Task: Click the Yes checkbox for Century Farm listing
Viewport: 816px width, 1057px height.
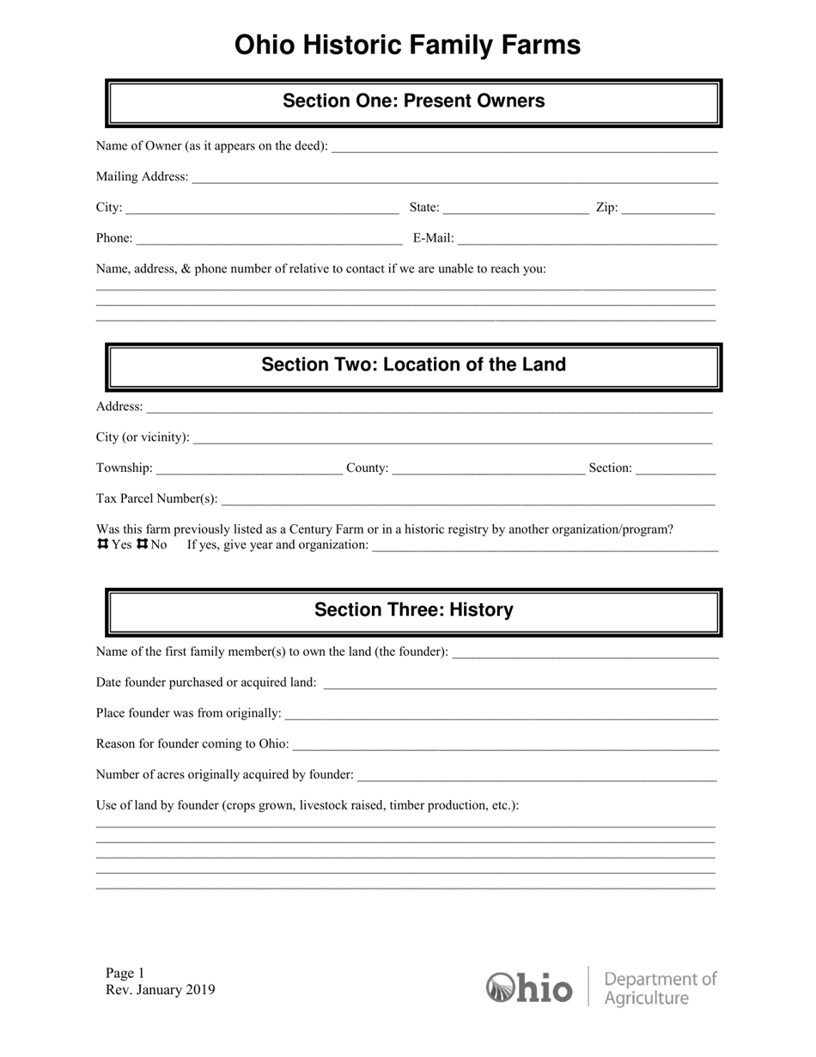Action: point(102,545)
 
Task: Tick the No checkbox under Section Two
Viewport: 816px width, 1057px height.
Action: point(143,545)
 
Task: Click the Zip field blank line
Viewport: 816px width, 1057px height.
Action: point(667,209)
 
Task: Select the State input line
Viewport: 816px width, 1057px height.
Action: point(515,209)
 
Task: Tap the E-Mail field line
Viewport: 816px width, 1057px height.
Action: point(588,240)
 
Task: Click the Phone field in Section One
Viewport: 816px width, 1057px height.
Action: point(269,240)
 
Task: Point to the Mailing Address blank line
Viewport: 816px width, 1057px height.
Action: point(454,178)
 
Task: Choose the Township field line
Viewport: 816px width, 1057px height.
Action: point(250,470)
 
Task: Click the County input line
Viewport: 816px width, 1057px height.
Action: point(488,470)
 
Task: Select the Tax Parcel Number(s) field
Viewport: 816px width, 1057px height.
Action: point(468,500)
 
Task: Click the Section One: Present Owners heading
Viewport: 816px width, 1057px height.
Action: point(413,101)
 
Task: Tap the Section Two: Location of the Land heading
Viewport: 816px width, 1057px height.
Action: point(413,364)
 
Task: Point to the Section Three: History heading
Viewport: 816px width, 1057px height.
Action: point(413,610)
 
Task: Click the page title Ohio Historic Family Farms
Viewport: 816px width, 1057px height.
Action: point(408,45)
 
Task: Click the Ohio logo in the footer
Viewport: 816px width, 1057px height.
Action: point(529,987)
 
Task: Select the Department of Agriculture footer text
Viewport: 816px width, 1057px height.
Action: point(660,988)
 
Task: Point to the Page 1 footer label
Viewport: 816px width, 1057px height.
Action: point(125,974)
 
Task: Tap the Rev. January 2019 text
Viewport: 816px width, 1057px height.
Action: point(161,990)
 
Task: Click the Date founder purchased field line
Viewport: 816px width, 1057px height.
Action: point(520,684)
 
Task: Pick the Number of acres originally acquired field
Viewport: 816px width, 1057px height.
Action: point(536,776)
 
